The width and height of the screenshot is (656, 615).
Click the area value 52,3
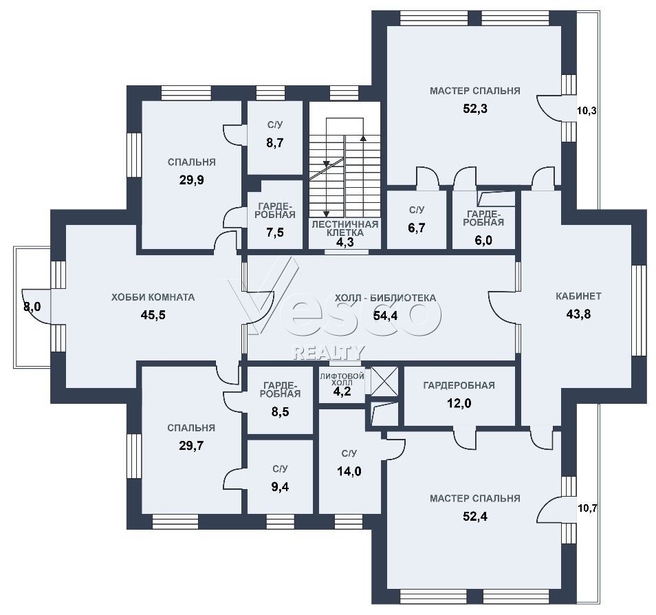[475, 109]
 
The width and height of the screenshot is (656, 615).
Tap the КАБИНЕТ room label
[578, 296]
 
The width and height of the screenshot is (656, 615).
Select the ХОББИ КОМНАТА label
[153, 297]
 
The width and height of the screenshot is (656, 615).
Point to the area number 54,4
[385, 316]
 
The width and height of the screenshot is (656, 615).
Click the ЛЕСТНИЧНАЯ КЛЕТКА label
[345, 228]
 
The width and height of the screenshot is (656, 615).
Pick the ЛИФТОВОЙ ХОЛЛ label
[342, 379]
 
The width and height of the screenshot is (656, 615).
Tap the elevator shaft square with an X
[385, 380]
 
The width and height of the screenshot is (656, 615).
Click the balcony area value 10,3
[587, 111]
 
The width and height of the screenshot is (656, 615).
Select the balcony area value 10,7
[587, 508]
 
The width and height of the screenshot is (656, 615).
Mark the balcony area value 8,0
[32, 307]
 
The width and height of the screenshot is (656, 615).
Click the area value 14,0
[349, 472]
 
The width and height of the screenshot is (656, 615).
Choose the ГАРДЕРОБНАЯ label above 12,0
[459, 385]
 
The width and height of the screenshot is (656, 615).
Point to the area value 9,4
[280, 487]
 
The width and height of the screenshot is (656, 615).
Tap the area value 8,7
[275, 143]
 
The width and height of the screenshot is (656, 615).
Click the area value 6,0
[483, 241]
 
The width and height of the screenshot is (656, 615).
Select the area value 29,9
[192, 180]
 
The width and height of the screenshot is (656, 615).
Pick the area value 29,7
[191, 446]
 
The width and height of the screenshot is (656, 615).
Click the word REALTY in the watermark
[329, 352]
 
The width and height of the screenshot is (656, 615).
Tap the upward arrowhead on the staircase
[363, 138]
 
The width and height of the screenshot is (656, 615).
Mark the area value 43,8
[578, 314]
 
